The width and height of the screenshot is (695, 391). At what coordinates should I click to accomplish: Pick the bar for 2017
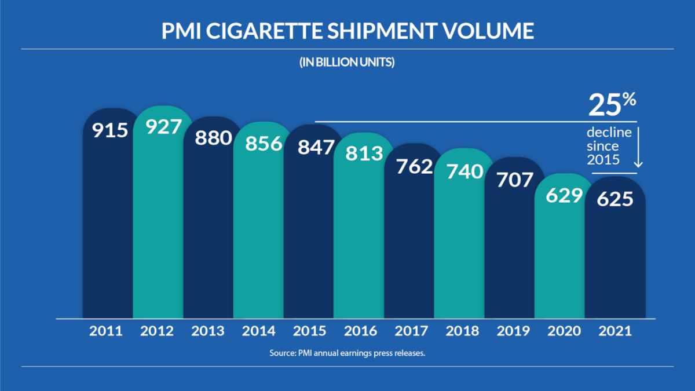point(411,243)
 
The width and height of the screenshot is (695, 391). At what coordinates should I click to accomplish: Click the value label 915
point(110,129)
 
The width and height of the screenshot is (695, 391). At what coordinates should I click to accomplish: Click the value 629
point(564,196)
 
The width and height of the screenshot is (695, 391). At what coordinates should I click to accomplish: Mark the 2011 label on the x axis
point(106,331)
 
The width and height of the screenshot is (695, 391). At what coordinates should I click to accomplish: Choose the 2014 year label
point(259,331)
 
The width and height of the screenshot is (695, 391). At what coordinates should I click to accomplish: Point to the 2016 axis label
point(361,331)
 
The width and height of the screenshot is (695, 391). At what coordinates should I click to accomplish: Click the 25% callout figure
point(612,106)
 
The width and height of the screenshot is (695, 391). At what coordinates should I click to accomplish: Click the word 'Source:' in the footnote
point(283,353)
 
